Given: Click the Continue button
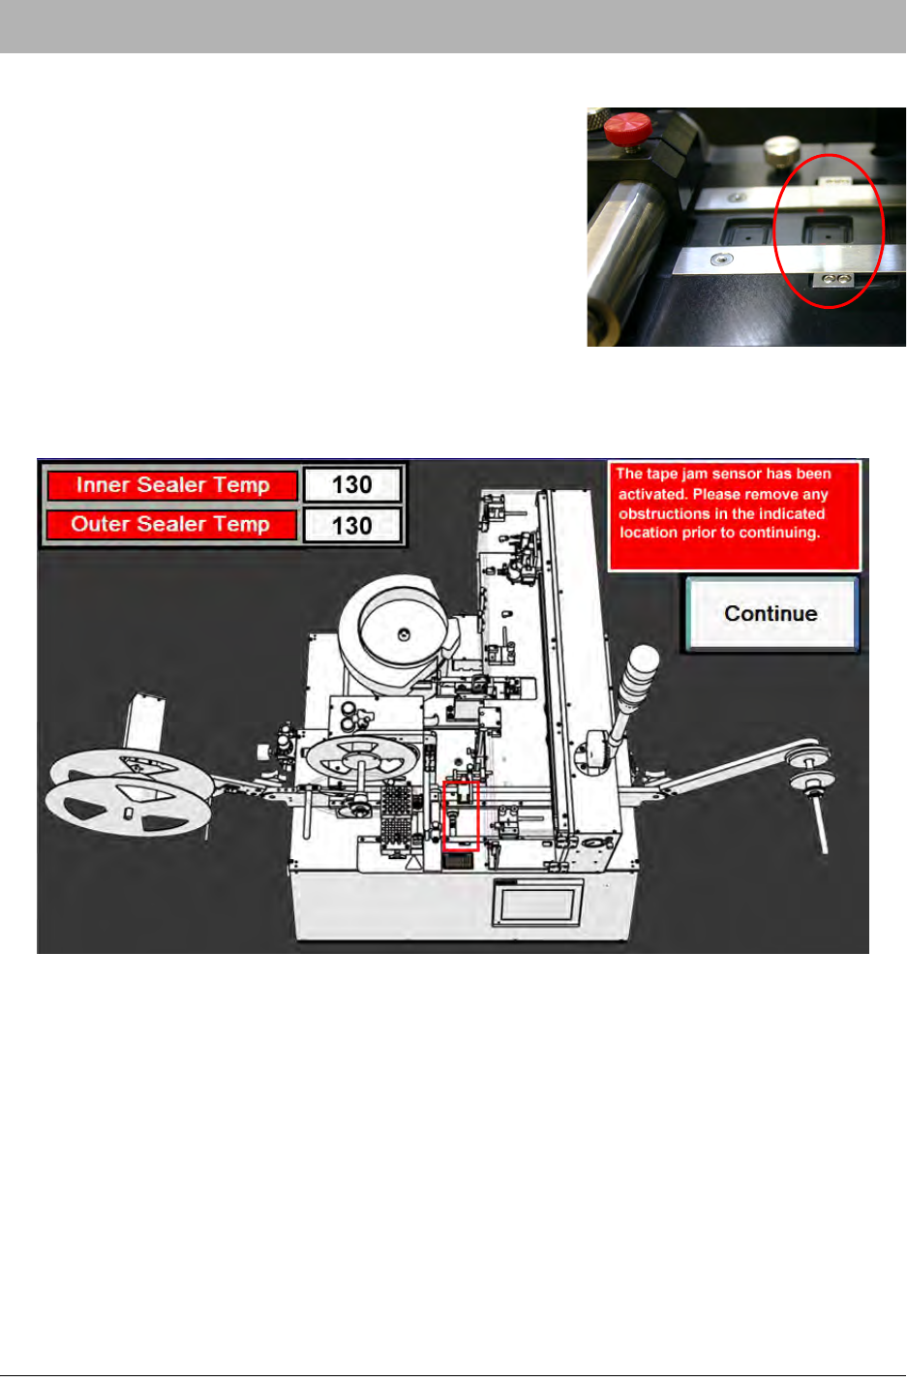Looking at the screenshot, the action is [x=771, y=613].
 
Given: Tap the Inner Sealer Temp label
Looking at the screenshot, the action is [x=172, y=485].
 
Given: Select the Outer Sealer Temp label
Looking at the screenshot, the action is [x=170, y=524].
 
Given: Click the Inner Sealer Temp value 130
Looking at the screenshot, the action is [x=352, y=485].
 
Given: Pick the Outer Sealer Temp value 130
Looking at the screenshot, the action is [x=352, y=526].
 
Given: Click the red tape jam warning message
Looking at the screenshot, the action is [x=734, y=516].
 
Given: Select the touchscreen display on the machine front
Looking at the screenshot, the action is [x=537, y=904].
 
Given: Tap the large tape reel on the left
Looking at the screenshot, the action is [x=129, y=796].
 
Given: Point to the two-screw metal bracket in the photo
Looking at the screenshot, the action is [x=833, y=280].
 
